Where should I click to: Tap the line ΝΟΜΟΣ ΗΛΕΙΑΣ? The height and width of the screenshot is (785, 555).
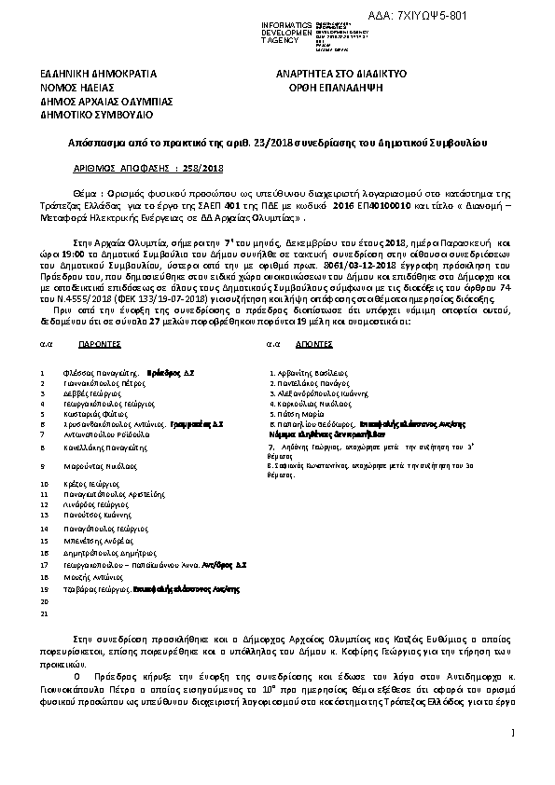click(76, 87)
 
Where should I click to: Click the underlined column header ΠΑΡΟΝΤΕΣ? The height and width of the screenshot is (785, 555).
click(97, 344)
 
